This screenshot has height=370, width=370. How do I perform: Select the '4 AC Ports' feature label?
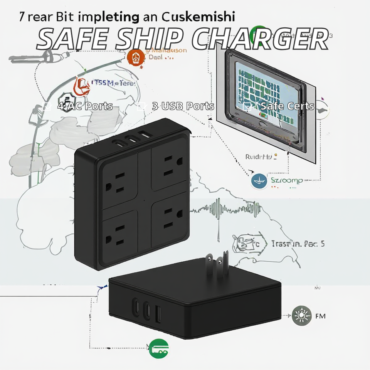click(85, 106)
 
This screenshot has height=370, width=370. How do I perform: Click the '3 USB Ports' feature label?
click(183, 106)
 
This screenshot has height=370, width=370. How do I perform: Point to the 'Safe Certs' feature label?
click(287, 106)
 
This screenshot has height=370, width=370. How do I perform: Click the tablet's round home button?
click(263, 126)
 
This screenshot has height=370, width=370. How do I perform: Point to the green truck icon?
click(159, 348)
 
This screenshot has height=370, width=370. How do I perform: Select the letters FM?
click(320, 316)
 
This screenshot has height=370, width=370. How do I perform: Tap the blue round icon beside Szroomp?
click(259, 181)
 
